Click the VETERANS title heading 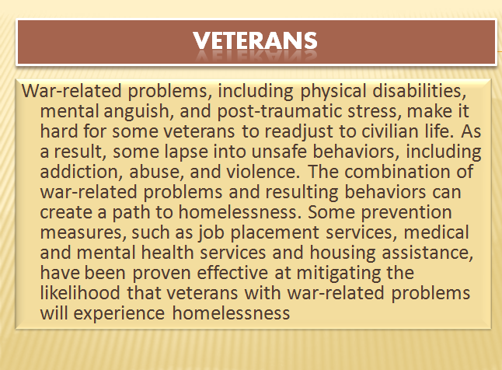[255, 40]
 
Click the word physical [333, 91]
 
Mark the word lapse [187, 152]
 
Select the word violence [263, 171]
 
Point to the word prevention [406, 212]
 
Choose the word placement [274, 233]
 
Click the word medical [436, 232]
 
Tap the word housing [343, 253]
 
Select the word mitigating [339, 274]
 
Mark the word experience [119, 313]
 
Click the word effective [232, 273]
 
